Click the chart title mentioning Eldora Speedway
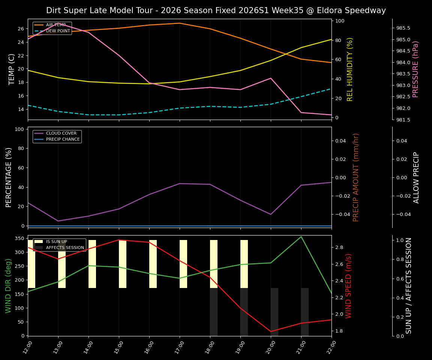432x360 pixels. pyautogui.click(x=216, y=10)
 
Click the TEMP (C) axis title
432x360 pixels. pyautogui.click(x=12, y=69)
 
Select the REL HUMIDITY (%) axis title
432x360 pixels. pyautogui.click(x=350, y=69)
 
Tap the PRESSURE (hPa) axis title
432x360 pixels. pyautogui.click(x=415, y=69)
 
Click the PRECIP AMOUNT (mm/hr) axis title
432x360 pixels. pyautogui.click(x=356, y=177)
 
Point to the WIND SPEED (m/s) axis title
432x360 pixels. pyautogui.click(x=349, y=285)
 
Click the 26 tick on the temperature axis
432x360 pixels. pyautogui.click(x=21, y=29)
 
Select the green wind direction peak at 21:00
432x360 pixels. pyautogui.click(x=301, y=237)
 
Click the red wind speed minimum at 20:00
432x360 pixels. pyautogui.click(x=271, y=331)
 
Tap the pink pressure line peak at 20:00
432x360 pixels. pyautogui.click(x=271, y=78)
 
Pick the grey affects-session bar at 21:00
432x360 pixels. pyautogui.click(x=305, y=312)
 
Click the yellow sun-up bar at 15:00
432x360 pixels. pyautogui.click(x=123, y=264)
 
